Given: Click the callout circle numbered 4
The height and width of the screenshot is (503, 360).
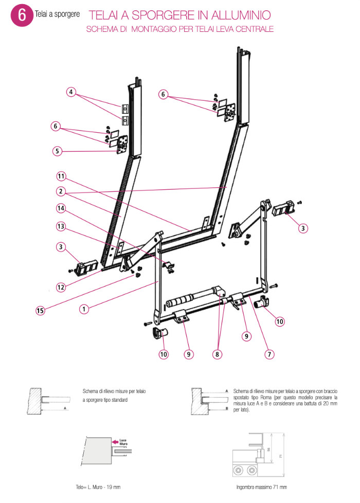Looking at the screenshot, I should coord(71,92).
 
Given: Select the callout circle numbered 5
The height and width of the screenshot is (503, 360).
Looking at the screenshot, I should coord(58,151).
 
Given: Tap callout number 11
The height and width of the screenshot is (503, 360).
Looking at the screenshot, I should coord(61,176).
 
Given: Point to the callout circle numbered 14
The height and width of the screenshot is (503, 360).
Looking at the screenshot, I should coord(61,208).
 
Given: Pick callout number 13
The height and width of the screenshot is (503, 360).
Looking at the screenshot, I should coord(61,226).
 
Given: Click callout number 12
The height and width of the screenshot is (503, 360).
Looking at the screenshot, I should coord(61,287).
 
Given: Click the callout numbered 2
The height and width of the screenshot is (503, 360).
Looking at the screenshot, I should coord(61,191).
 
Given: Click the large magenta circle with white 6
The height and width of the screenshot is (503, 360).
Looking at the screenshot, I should coord(22,15).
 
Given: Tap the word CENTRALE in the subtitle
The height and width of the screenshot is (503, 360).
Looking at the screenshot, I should coord(255,30).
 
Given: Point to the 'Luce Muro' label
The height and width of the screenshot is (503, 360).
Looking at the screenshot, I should coord(123,442).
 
